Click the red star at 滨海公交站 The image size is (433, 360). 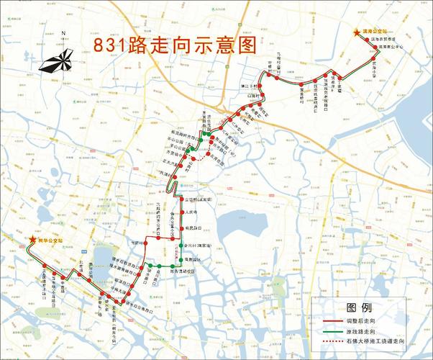(x=355, y=32)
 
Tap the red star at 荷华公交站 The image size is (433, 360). (x=32, y=240)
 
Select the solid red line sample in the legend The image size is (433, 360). (x=329, y=319)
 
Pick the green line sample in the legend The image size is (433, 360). (x=329, y=329)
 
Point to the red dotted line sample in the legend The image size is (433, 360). (x=329, y=339)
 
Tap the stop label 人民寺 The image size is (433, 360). (x=191, y=212)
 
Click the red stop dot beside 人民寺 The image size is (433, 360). (x=182, y=212)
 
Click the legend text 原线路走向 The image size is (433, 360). (x=361, y=329)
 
